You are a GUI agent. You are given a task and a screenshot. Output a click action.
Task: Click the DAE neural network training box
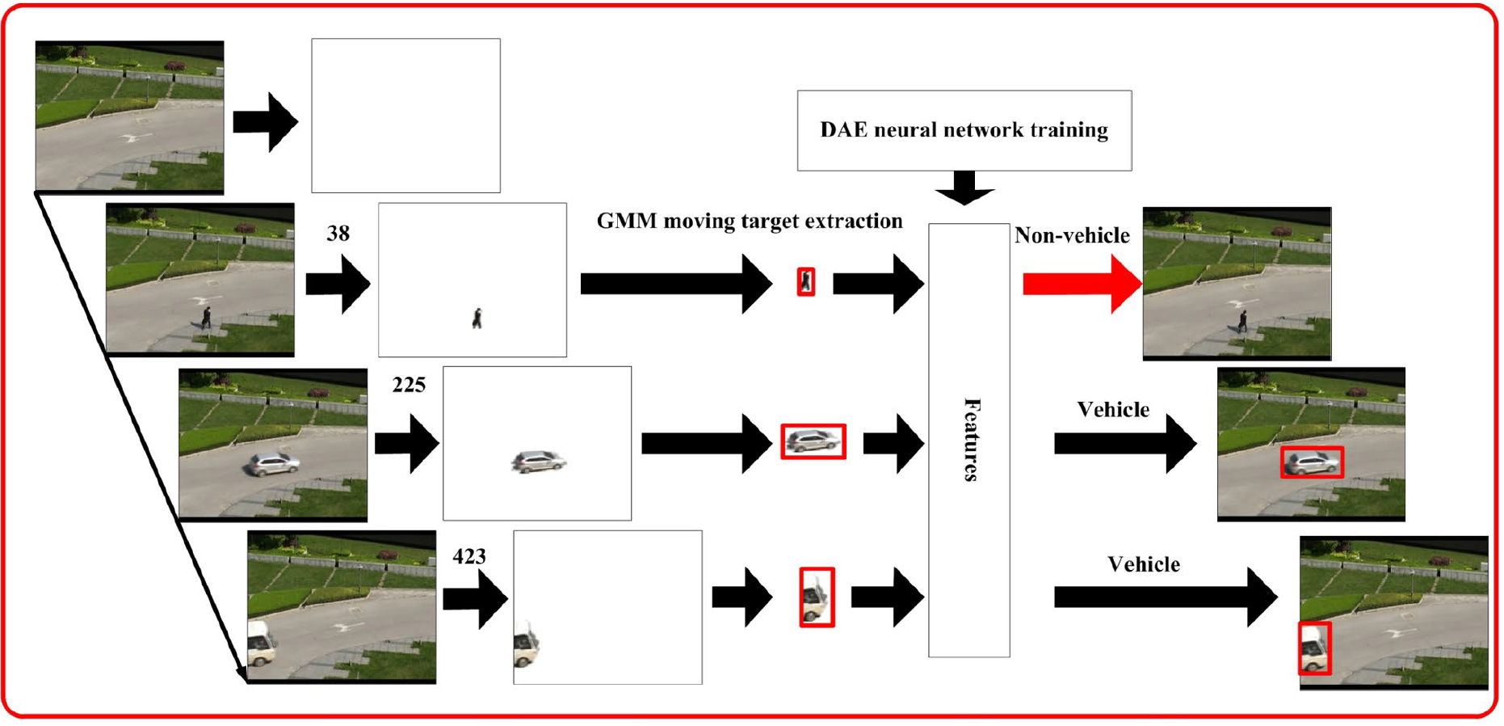click(964, 130)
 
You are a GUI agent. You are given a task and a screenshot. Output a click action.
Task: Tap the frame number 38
click(338, 234)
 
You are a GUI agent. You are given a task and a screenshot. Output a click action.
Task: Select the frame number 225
click(409, 385)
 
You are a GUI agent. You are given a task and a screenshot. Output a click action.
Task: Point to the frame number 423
click(469, 556)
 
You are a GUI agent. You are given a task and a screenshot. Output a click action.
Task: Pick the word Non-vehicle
click(1072, 235)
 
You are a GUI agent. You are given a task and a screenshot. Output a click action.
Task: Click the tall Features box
click(968, 440)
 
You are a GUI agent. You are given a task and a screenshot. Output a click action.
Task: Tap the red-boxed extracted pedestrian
click(805, 282)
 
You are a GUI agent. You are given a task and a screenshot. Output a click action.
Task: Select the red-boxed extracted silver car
click(813, 441)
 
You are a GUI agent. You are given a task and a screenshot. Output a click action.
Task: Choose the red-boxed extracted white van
click(817, 597)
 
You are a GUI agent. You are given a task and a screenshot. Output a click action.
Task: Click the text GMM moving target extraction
click(750, 221)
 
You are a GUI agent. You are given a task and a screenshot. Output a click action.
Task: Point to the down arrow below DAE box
click(964, 188)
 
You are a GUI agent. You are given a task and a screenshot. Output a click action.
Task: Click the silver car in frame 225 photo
click(273, 464)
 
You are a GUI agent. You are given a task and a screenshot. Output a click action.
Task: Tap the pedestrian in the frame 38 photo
click(207, 317)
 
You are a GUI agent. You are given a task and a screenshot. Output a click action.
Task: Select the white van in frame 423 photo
click(261, 644)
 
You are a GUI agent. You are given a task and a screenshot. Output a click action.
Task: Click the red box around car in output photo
click(1312, 462)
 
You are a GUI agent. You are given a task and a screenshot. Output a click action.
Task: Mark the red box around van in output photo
click(1314, 648)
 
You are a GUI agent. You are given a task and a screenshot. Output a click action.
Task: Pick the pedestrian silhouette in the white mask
click(477, 319)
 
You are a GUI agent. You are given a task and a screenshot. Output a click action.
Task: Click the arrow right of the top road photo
click(265, 122)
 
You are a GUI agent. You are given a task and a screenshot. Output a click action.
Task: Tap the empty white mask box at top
click(405, 116)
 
